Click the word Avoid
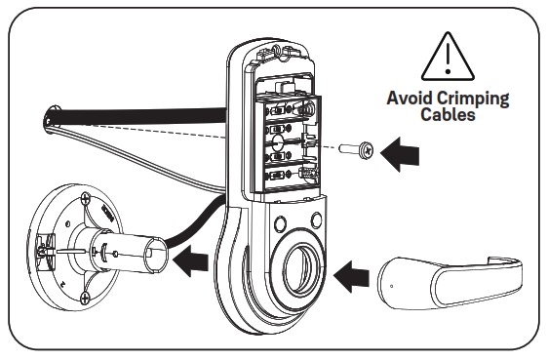411,99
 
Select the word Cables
448,114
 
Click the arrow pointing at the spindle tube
195,260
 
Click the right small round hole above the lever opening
315,219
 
